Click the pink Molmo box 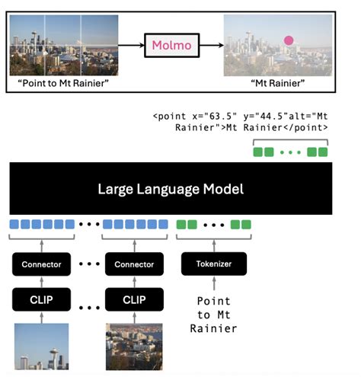(173, 45)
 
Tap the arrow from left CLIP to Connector (42, 281)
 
